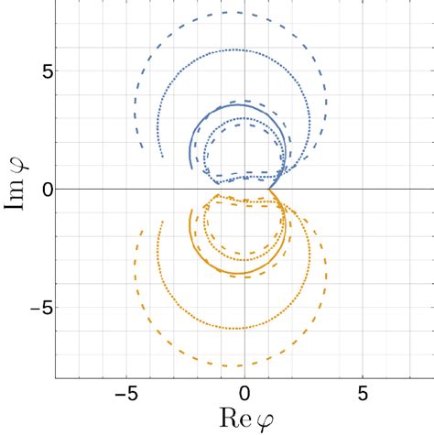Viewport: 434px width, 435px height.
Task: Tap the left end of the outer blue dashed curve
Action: pos(142,147)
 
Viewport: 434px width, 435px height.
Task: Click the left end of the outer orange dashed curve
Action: pos(142,231)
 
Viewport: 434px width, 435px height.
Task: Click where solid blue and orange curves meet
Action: pos(271,189)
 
